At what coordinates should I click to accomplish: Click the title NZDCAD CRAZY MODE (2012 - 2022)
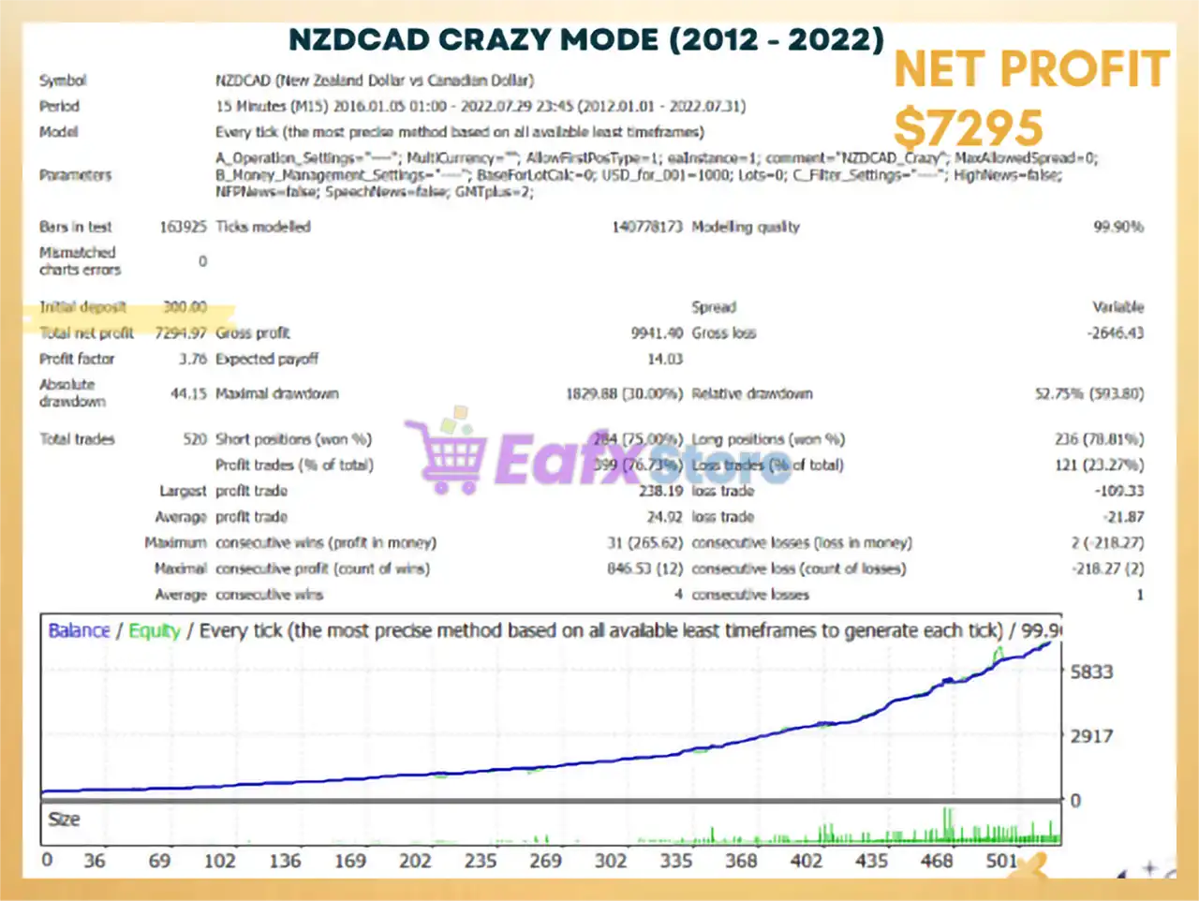coord(585,39)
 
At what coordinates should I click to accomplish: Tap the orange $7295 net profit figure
coord(968,127)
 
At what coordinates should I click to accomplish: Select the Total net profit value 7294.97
coord(181,332)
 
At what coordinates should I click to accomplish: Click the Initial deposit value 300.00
coord(185,306)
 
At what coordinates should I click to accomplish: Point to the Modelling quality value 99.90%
coord(1118,227)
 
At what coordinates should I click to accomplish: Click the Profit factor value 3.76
coord(192,359)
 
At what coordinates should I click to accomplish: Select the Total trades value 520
coord(195,438)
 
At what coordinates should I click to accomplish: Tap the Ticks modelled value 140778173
coord(646,227)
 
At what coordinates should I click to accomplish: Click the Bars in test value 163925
coord(183,227)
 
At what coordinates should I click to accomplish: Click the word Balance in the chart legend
coord(79,630)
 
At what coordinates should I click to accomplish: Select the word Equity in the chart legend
coord(155,630)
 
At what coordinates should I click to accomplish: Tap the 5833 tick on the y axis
coord(1091,672)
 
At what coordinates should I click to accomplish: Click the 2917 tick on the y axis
coord(1091,736)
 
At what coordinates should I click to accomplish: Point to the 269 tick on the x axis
coord(545,860)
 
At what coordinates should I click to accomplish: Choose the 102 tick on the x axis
coord(220,860)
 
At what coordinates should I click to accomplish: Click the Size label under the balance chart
coord(64,820)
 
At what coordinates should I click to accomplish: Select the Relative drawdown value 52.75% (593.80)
coord(1088,393)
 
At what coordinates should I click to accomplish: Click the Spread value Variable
coord(1118,306)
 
